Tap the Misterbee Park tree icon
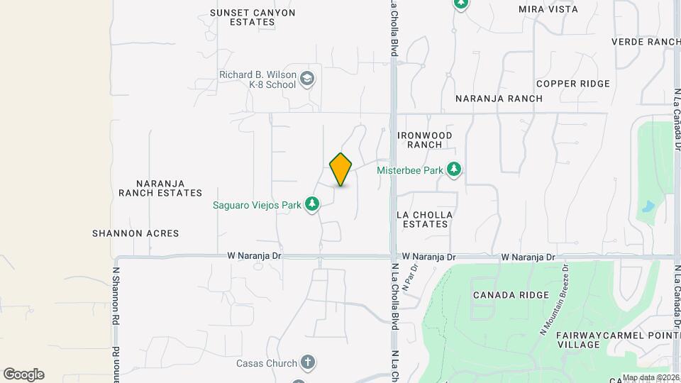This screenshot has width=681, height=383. coord(454,170)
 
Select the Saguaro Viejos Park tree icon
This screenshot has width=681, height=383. coord(311,205)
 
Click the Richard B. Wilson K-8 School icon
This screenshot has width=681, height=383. coord(307,78)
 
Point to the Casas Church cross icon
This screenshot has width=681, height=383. coord(307,363)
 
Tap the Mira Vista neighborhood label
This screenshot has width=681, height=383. coord(548,9)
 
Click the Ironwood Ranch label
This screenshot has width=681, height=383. coord(425,139)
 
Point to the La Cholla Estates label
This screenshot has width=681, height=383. coord(424,218)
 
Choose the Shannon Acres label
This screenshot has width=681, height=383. coord(135,233)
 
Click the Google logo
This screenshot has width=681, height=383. coord(23,374)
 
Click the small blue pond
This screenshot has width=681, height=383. coord(647,207)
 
